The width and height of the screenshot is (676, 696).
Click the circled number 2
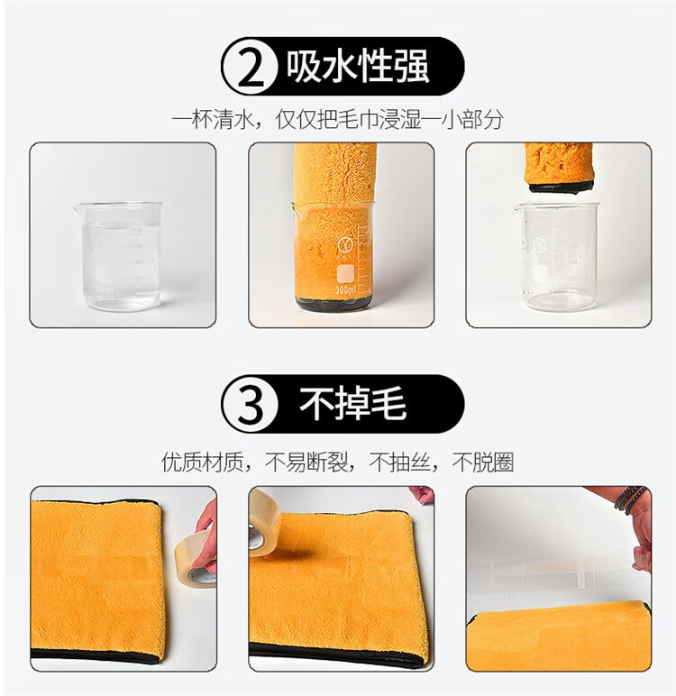click(250, 66)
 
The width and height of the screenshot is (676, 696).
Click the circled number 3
click(250, 404)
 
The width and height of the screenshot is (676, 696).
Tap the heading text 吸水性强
click(357, 66)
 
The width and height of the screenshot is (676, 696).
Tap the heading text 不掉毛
click(352, 404)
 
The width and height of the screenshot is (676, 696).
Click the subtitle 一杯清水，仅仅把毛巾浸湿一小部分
click(338, 119)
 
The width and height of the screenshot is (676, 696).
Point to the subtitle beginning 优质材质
click(338, 462)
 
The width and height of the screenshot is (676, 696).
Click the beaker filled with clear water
click(118, 256)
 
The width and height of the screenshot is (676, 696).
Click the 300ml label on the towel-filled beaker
click(346, 290)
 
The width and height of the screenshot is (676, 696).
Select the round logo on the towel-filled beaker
click(344, 245)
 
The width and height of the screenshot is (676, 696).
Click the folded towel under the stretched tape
click(559, 635)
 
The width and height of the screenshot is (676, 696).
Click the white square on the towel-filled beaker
click(346, 274)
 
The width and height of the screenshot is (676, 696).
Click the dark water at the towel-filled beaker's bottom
click(333, 303)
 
